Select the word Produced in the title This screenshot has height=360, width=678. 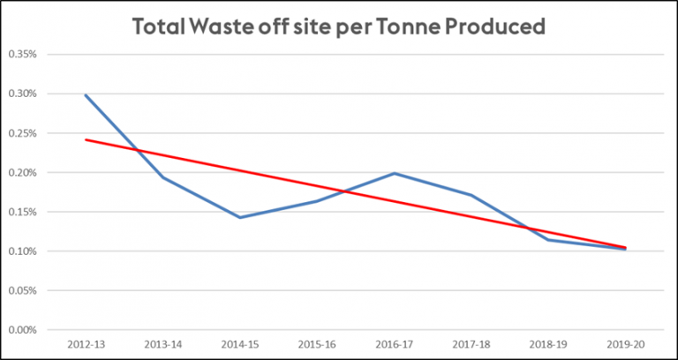coord(496,26)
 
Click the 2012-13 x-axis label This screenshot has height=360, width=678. coord(85,344)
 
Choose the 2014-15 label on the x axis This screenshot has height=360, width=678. coord(239,344)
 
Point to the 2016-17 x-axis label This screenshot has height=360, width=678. coord(394,344)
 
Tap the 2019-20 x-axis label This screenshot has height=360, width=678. coord(625,344)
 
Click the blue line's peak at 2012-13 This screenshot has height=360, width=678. coord(85,94)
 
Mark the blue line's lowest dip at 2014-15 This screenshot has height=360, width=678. coord(239,217)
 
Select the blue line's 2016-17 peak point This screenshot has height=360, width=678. coord(394,173)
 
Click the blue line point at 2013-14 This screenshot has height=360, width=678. coord(162,177)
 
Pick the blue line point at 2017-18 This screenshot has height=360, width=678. coord(471,195)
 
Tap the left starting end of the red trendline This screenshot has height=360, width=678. coord(85,139)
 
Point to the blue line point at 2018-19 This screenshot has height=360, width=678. coord(548,240)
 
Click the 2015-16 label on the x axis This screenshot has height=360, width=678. coord(317,344)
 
